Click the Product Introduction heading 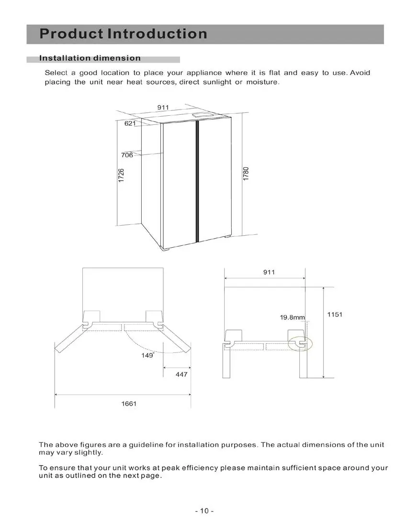click(x=123, y=34)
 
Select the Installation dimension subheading click(x=90, y=58)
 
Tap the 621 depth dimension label click(x=130, y=123)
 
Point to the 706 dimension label click(x=127, y=155)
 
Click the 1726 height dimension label click(x=121, y=175)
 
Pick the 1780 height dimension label click(x=246, y=174)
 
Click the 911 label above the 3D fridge click(x=163, y=107)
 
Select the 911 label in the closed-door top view click(x=269, y=272)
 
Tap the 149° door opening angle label click(x=148, y=355)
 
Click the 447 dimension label click(x=181, y=374)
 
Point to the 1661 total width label click(x=129, y=404)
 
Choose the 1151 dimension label click(x=335, y=314)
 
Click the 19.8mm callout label click(x=293, y=318)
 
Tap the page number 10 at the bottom click(x=204, y=511)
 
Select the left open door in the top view click(x=69, y=339)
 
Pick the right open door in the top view click(x=176, y=339)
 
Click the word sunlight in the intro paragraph click(x=217, y=82)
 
